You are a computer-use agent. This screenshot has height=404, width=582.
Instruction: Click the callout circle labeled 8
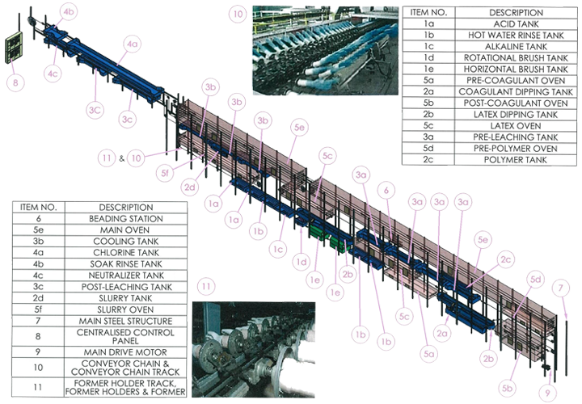pos(15,82)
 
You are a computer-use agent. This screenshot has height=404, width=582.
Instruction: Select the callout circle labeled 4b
pos(69,12)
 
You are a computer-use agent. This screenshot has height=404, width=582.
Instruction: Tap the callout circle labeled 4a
pos(133,44)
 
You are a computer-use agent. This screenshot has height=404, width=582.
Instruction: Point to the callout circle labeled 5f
pos(165,172)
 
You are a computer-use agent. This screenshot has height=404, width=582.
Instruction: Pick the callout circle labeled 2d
pos(190,187)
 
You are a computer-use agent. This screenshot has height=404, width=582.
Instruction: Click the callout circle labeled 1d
pos(301,263)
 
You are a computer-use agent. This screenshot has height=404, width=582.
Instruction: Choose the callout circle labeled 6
pos(386,191)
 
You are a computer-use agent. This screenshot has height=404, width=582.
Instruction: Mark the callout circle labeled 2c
pos(505,259)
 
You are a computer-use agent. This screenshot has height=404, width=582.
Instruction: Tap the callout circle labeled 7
pos(560,288)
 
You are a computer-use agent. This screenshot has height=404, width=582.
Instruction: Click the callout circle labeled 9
pos(547,393)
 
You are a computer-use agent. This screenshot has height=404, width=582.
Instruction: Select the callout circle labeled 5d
pos(536,279)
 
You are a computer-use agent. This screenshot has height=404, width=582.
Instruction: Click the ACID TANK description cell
pos(516,23)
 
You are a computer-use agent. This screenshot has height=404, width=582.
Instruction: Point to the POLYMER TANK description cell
pos(516,160)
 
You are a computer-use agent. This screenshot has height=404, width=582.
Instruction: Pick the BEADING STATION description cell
pos(126,218)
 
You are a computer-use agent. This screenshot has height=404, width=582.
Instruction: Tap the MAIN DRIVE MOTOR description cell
pos(126,352)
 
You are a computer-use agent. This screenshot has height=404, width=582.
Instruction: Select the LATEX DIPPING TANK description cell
pos(516,114)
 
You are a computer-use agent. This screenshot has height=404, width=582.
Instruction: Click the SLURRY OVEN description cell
pos(126,309)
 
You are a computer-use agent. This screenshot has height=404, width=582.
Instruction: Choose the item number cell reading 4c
pos(38,276)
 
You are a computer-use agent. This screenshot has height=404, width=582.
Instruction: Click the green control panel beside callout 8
pos(14,48)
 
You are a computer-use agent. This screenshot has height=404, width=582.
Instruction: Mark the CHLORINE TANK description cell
pos(126,253)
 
